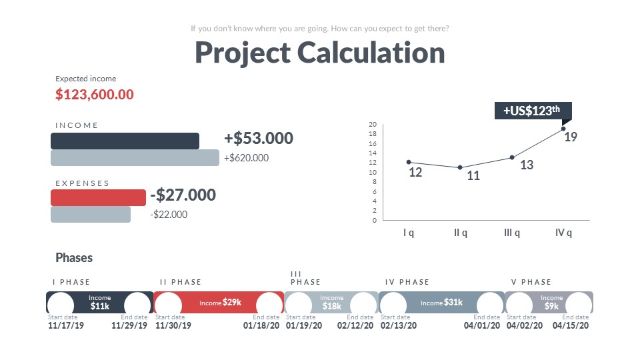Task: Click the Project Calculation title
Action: (x=320, y=53)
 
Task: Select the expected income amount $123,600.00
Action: (x=95, y=95)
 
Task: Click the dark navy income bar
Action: (x=125, y=141)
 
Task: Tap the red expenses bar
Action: (x=98, y=197)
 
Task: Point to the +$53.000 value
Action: (x=259, y=139)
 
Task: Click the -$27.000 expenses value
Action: (x=183, y=195)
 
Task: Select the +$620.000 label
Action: (x=246, y=158)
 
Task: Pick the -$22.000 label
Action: (x=169, y=215)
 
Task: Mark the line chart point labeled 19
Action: (x=563, y=129)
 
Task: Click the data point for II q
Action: (x=460, y=167)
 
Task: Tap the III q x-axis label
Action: (x=512, y=233)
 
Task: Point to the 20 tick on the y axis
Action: (x=373, y=125)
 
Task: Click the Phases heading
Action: (x=74, y=258)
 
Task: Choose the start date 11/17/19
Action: (x=66, y=326)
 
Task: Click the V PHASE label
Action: (x=531, y=282)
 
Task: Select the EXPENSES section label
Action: (x=82, y=183)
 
